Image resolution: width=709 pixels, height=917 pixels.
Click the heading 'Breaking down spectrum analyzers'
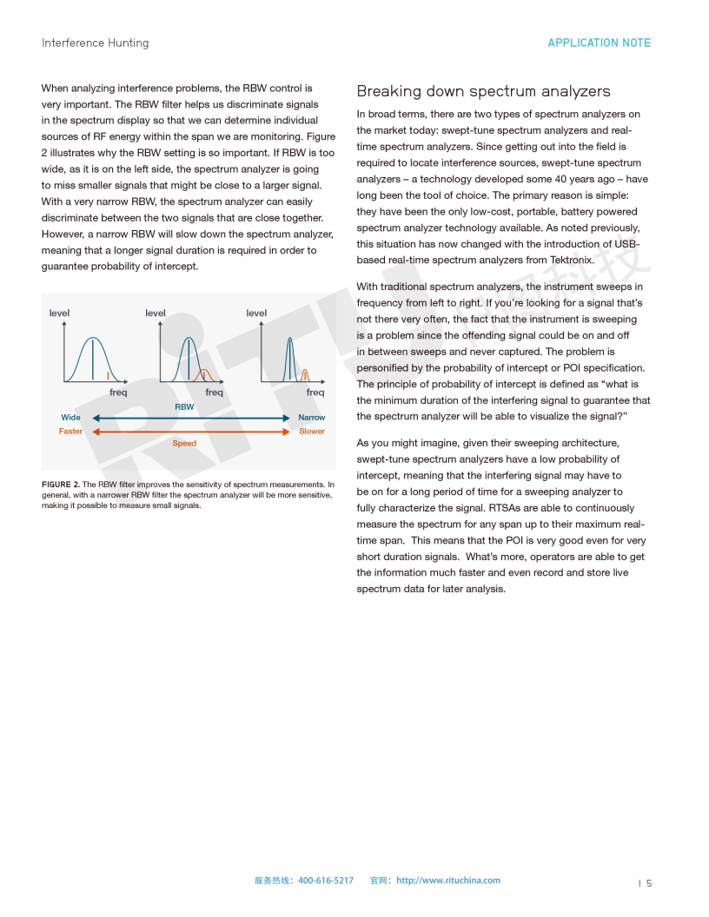[483, 91]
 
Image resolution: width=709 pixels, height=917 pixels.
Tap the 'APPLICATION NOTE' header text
[599, 43]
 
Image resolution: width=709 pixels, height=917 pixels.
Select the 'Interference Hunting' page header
[95, 43]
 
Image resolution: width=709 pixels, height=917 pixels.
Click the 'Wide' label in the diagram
[70, 418]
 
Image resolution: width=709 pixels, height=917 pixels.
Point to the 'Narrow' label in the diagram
[311, 418]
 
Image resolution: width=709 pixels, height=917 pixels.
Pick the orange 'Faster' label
[70, 432]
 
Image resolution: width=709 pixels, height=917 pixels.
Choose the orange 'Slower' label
[311, 432]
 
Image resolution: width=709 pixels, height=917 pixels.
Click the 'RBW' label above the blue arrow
[184, 406]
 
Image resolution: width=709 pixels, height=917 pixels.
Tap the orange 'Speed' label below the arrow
[184, 444]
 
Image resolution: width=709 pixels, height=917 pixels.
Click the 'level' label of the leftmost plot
[59, 313]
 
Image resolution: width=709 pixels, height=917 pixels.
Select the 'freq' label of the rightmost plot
[315, 393]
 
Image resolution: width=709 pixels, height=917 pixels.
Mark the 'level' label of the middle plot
[156, 313]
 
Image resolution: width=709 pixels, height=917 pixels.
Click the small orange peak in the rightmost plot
[305, 375]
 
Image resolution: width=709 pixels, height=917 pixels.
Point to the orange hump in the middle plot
[205, 374]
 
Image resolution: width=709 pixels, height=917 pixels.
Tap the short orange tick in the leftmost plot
[108, 375]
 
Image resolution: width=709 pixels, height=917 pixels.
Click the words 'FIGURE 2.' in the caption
[61, 485]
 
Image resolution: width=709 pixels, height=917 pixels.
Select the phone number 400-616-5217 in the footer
[326, 881]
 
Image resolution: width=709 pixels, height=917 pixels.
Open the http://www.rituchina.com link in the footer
[448, 881]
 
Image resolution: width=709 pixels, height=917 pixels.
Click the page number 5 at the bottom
[648, 883]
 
